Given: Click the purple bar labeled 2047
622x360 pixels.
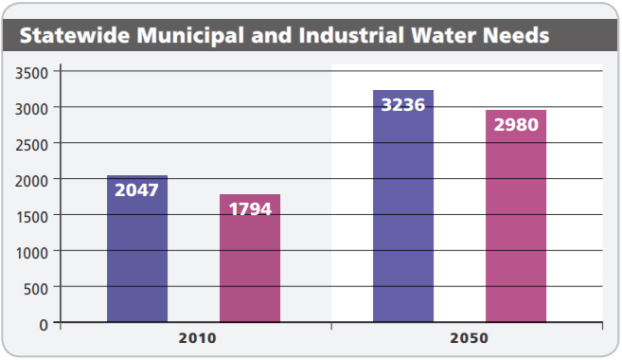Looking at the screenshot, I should [137, 256].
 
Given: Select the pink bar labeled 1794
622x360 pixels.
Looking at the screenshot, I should [250, 265].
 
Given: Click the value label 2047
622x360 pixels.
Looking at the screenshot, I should [137, 189].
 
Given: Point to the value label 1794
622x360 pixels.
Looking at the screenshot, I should [250, 208].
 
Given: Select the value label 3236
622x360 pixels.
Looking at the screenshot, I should [403, 104].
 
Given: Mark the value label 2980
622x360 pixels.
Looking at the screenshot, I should [516, 125].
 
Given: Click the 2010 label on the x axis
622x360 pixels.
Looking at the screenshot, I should [196, 338].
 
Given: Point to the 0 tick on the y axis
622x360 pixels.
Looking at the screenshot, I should [44, 324].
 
